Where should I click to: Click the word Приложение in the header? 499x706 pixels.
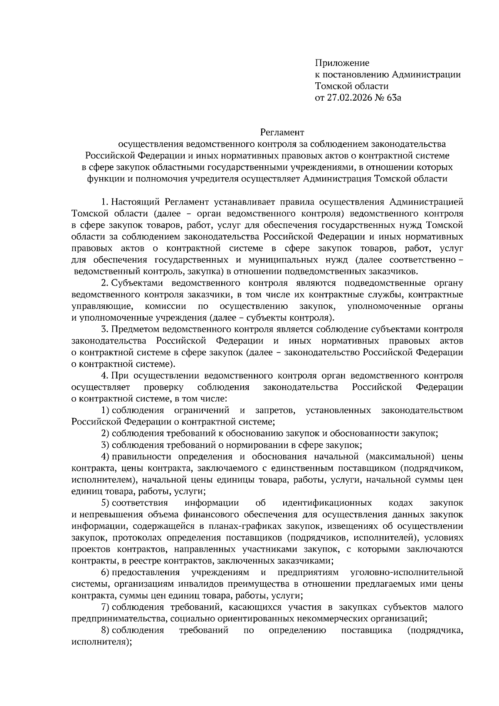[x=342, y=63]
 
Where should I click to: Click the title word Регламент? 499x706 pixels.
[x=282, y=133]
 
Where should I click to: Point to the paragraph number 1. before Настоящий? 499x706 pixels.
[x=105, y=202]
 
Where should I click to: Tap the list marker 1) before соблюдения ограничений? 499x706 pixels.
[x=105, y=410]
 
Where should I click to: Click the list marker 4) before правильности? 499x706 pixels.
[x=105, y=457]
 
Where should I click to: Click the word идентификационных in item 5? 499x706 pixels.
[x=327, y=503]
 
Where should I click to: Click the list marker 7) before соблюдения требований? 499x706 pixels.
[x=105, y=607]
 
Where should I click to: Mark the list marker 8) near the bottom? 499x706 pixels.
[x=105, y=630]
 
